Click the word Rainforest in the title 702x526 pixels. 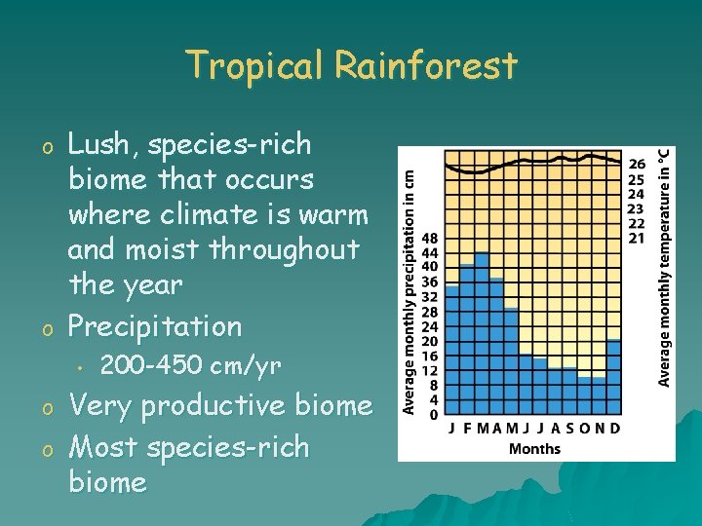coord(425,66)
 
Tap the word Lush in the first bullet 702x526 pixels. coord(100,145)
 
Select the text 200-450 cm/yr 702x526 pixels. coord(191,366)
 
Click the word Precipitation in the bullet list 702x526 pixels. coord(155,326)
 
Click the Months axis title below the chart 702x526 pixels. coord(534,448)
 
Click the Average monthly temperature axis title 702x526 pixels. coord(663,267)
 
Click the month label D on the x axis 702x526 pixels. coord(615,429)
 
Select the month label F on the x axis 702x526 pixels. coord(467,429)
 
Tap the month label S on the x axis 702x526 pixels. coord(570,429)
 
